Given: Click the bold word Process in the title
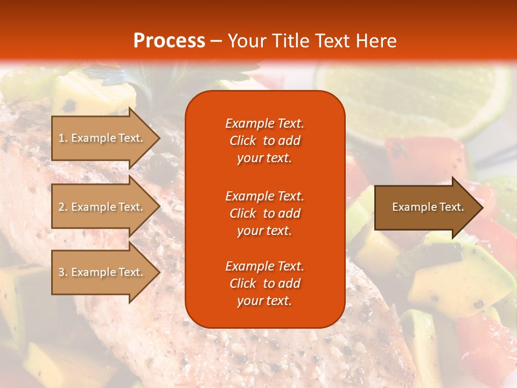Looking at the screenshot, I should (x=169, y=41).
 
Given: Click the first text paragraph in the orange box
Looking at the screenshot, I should (x=264, y=141).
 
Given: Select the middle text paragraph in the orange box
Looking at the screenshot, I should (x=264, y=213).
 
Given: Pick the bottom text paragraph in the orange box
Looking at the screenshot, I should (x=264, y=283).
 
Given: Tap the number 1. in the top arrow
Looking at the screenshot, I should (x=63, y=138).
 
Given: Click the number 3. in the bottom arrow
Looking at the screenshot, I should (x=63, y=272).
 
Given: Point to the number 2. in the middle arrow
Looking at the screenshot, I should (x=63, y=207).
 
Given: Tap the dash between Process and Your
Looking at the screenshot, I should (x=216, y=41).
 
